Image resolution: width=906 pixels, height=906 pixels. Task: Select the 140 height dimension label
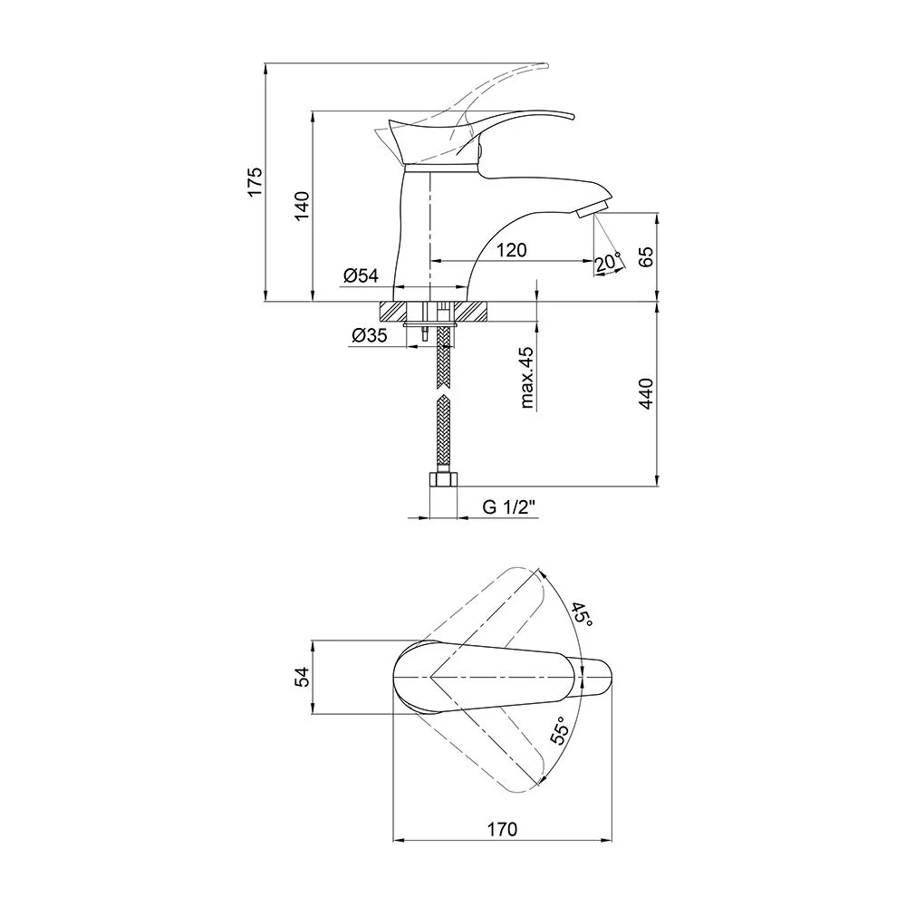(303, 205)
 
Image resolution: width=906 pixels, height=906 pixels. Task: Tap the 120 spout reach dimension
(512, 250)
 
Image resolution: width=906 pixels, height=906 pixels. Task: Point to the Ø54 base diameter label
(361, 275)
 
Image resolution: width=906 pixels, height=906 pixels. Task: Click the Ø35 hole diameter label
(370, 334)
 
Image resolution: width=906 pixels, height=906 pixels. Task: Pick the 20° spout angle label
(607, 263)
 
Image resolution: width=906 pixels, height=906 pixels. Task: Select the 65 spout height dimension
(646, 256)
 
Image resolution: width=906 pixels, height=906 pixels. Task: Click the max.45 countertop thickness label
(527, 378)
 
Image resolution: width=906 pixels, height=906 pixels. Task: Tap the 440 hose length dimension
(646, 393)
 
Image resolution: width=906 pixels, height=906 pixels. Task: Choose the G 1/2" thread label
(509, 507)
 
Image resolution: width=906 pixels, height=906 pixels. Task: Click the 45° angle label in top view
(583, 615)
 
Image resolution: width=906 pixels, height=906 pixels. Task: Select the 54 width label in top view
(303, 677)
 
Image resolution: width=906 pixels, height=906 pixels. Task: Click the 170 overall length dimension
(502, 829)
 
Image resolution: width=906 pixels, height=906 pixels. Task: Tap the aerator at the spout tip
(593, 208)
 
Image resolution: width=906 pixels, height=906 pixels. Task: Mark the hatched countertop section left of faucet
(392, 312)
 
